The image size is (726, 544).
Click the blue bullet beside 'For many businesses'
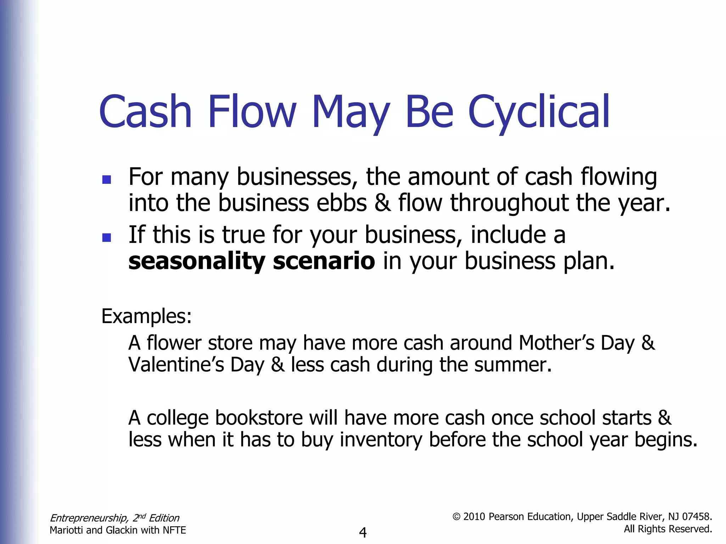click(x=106, y=180)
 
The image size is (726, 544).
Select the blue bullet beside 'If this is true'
click(x=106, y=237)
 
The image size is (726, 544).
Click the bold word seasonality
click(x=197, y=261)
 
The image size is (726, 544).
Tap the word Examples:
click(x=146, y=316)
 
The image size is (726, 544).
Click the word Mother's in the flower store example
click(x=557, y=343)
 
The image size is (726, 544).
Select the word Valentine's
click(x=176, y=365)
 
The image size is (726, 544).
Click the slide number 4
click(x=363, y=532)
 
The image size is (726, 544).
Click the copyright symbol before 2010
click(x=457, y=517)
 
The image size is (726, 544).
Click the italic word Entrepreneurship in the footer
click(x=88, y=518)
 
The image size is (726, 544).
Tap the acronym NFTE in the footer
click(x=174, y=530)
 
